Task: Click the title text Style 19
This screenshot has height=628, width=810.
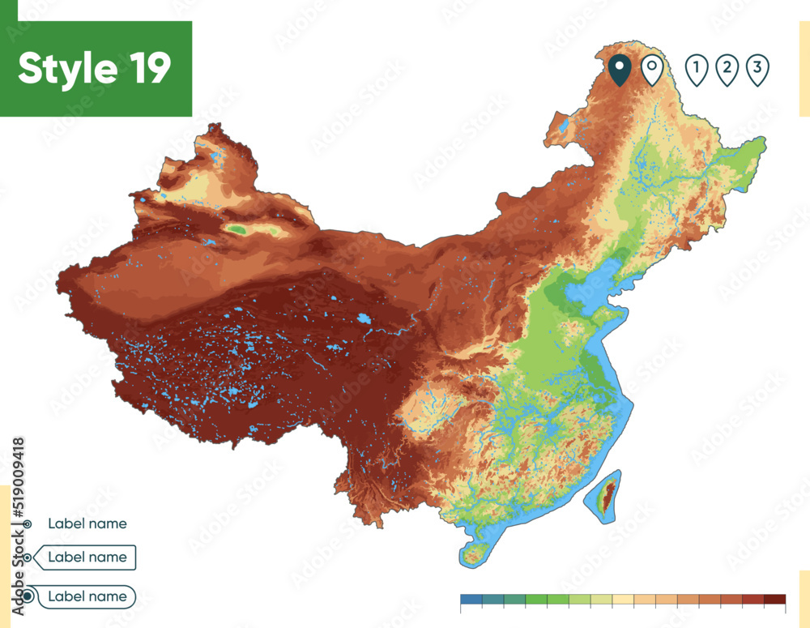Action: pos(95,69)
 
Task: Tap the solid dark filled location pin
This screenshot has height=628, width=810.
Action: pos(620,70)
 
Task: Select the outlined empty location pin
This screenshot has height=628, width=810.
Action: pos(652,70)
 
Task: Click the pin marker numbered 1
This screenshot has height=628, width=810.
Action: pos(696,70)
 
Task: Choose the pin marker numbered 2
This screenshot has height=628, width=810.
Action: pos(727,70)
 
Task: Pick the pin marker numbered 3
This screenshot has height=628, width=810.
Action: pos(757,70)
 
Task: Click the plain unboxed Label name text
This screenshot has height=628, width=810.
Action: pos(87,523)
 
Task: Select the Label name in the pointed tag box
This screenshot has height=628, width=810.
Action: pos(87,558)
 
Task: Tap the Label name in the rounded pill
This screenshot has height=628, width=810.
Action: pos(87,596)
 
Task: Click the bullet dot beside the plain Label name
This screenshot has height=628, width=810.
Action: pos(28,524)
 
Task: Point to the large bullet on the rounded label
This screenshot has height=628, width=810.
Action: pos(28,596)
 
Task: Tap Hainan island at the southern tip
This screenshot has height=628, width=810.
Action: pos(476,553)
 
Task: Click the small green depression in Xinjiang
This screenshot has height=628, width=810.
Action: pos(237,230)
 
